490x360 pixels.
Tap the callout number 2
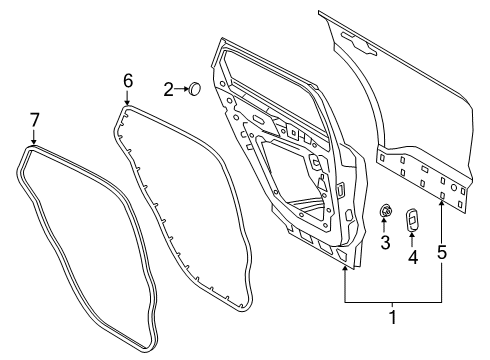pos(169,90)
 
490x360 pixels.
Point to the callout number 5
pos(441,254)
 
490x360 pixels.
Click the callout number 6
pos(127,79)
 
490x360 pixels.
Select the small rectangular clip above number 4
pos(412,219)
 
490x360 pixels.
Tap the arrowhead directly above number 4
pos(412,235)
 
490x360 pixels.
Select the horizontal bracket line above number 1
pos(393,301)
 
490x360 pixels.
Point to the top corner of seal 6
pos(124,107)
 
